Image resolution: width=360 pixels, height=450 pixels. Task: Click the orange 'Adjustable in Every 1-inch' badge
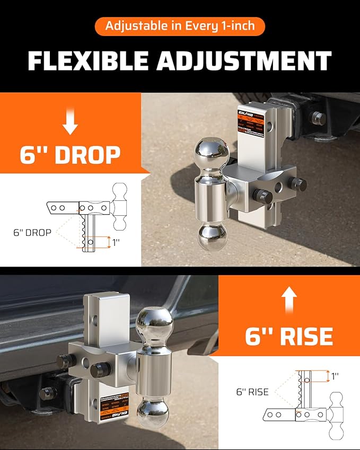click(180, 25)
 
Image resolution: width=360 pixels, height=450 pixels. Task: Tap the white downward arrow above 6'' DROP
click(70, 122)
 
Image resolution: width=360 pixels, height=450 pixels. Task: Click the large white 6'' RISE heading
click(289, 335)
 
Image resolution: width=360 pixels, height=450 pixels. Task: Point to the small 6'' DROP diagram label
click(32, 232)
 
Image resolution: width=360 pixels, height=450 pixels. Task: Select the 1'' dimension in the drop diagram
click(116, 242)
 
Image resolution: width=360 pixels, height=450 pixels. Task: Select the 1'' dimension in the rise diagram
click(335, 377)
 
